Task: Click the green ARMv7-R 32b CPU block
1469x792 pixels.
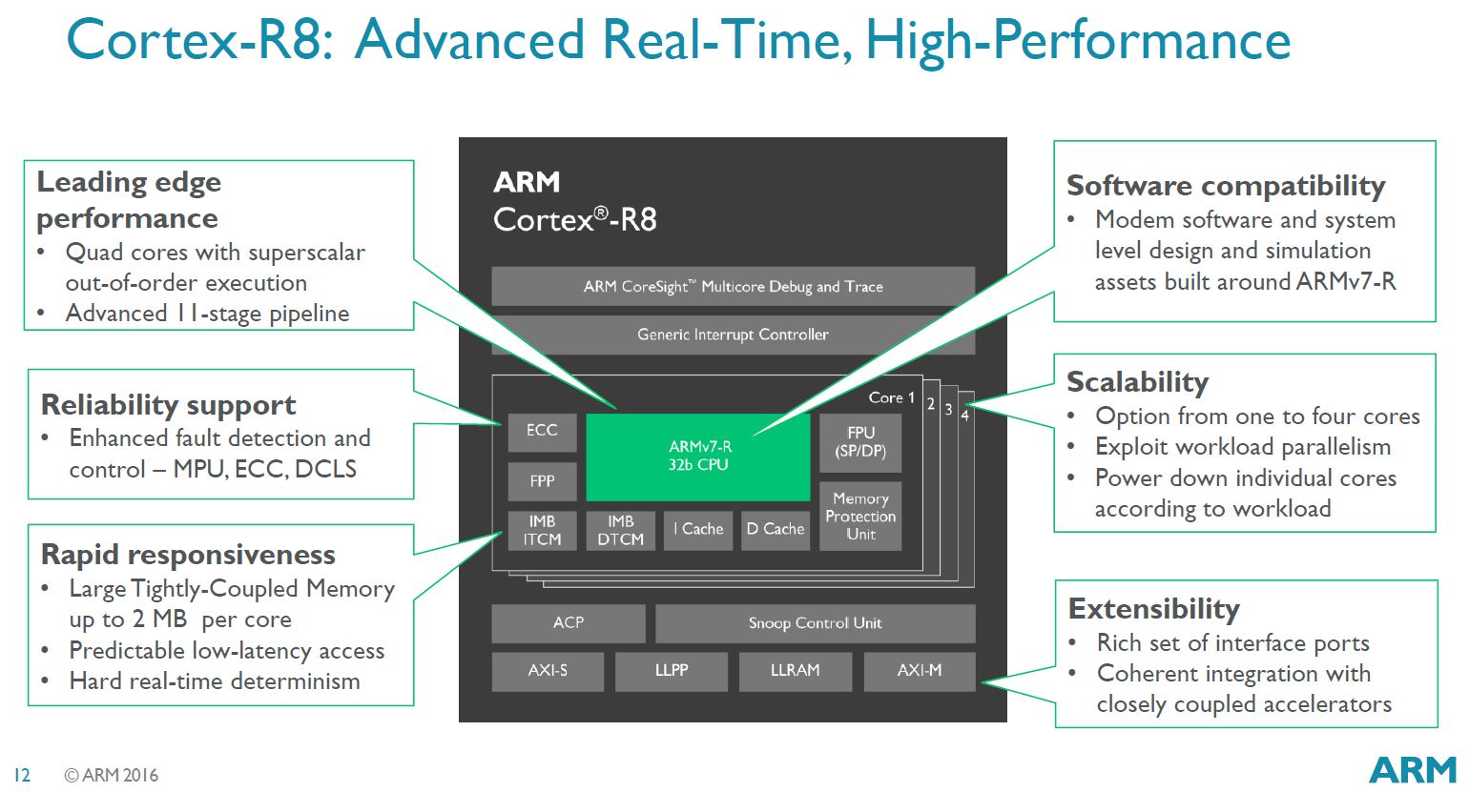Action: (697, 457)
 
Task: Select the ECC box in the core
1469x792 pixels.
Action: (542, 431)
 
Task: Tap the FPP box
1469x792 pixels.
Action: (542, 481)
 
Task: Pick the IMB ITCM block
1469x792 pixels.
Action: (542, 530)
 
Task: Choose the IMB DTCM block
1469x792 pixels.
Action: (620, 530)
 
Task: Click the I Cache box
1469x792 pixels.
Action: (698, 530)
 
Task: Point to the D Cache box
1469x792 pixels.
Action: (775, 530)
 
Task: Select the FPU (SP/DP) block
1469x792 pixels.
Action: (860, 442)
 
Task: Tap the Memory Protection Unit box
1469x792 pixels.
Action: (860, 517)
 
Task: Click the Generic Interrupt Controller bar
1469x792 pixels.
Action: (733, 335)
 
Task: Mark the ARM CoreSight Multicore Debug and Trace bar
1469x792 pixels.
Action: (733, 286)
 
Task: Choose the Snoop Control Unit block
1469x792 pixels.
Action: (815, 623)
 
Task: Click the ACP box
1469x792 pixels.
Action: (569, 623)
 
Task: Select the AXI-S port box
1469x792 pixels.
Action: (548, 671)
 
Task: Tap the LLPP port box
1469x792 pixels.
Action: (672, 671)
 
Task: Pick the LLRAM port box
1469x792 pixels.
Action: (795, 671)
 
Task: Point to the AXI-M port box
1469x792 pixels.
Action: (920, 671)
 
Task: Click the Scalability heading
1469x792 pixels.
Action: (1137, 382)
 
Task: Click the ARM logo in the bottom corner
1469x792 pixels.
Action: (1413, 769)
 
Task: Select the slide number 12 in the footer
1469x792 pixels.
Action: (22, 776)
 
